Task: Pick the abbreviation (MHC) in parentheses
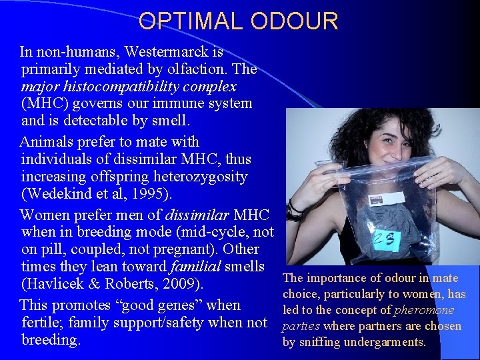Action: (44, 103)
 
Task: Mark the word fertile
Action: (45, 323)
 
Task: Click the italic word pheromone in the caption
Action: (424, 310)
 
